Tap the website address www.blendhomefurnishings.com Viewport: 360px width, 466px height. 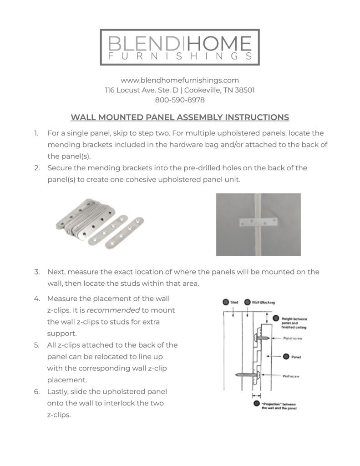click(180, 80)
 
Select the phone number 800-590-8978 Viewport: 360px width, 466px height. click(180, 100)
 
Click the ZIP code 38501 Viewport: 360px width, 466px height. click(244, 90)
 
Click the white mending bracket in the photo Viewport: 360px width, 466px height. click(258, 223)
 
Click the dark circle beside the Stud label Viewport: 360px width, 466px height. click(225, 302)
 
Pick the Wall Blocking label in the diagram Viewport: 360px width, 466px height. click(264, 302)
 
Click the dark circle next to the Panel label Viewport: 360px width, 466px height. click(285, 356)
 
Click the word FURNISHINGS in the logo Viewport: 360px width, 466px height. click(180, 56)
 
